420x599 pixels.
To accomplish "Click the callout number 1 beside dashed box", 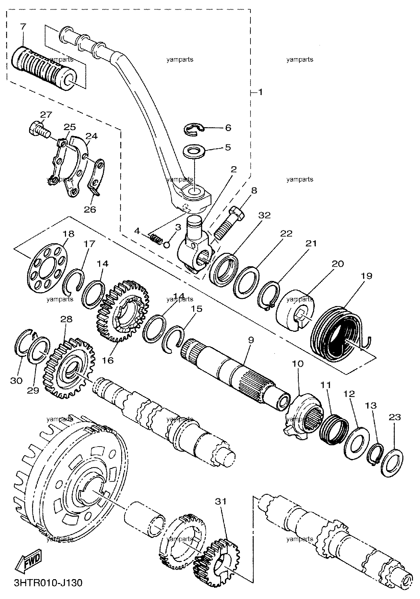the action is coord(260,92).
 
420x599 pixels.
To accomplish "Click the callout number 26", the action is coord(90,209).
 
